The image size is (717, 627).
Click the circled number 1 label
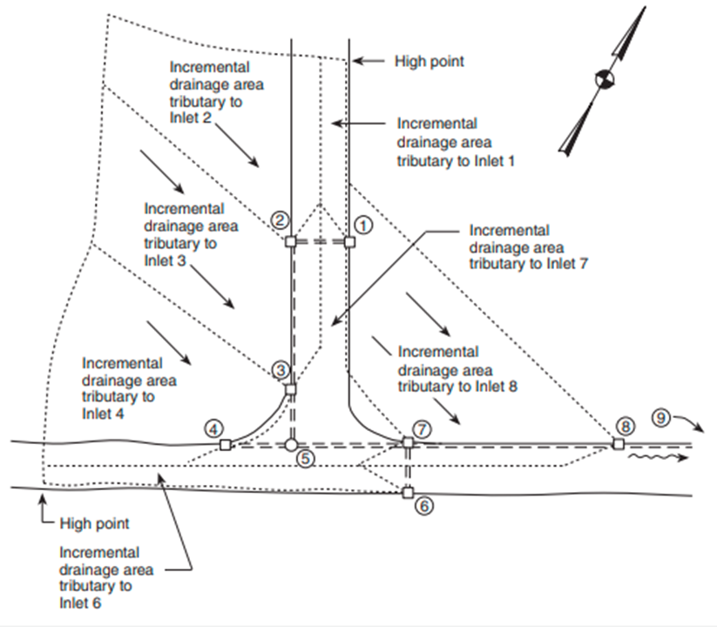[365, 224]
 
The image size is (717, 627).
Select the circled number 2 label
[280, 220]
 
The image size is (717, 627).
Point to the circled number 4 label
[213, 428]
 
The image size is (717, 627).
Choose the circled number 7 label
[423, 428]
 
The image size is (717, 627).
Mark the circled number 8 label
[624, 426]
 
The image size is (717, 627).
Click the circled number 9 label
[662, 418]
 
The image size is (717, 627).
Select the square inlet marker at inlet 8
[618, 444]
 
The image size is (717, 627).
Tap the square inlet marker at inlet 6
[407, 493]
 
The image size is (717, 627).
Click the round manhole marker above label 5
[291, 445]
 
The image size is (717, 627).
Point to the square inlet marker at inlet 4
[225, 445]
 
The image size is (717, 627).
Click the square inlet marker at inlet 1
[349, 242]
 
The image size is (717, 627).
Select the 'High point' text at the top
[430, 61]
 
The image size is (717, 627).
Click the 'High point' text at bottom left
[94, 523]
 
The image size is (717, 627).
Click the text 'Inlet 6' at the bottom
[81, 603]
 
